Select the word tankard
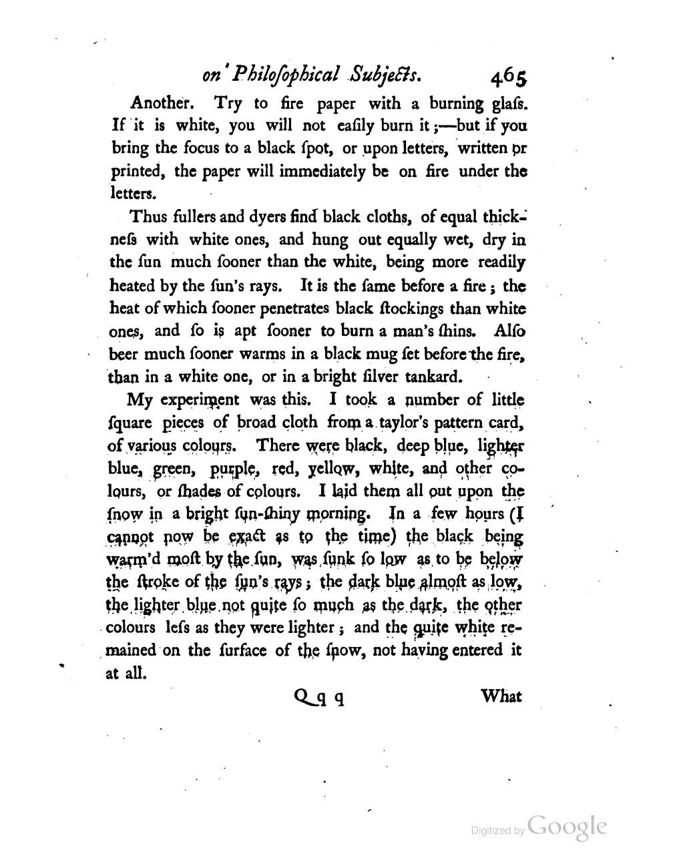coord(433,377)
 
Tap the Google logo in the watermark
coord(567,827)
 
